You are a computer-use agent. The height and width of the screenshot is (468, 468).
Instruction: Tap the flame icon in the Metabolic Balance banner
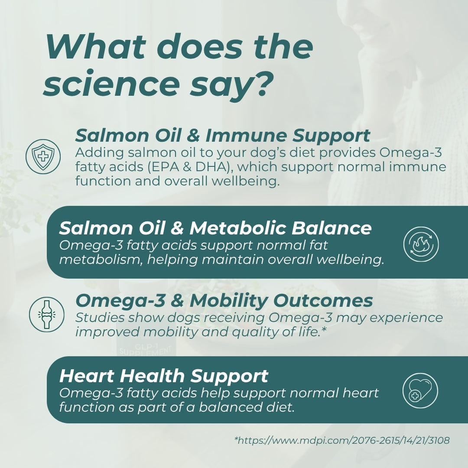click(421, 244)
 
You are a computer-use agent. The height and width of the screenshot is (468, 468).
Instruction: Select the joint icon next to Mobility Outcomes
click(46, 314)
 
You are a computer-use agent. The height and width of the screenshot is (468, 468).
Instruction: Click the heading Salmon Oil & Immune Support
click(223, 136)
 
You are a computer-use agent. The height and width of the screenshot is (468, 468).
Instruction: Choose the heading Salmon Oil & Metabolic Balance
click(215, 228)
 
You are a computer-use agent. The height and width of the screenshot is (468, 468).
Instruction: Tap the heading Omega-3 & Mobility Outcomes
click(224, 300)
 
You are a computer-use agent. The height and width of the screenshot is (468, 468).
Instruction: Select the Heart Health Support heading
click(164, 376)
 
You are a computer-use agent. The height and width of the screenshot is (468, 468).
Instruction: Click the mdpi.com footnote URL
click(342, 441)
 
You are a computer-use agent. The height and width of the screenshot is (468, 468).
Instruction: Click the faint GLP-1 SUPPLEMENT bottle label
click(141, 349)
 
